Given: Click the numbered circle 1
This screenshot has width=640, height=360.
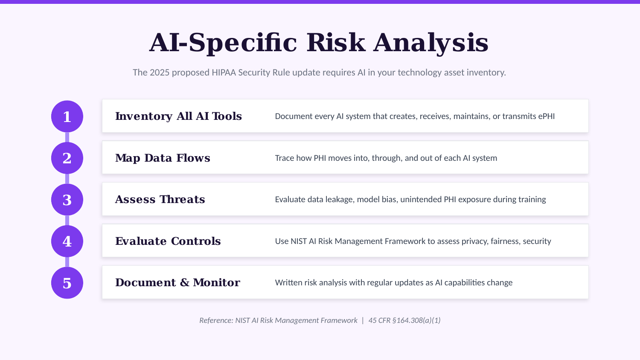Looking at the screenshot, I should point(67,116).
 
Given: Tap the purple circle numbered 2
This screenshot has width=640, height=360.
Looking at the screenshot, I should point(67,158).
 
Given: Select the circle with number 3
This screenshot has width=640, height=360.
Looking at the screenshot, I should point(67,200).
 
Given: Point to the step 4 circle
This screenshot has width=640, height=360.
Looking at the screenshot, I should point(67,241).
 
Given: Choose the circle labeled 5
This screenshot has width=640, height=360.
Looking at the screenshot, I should point(67,283).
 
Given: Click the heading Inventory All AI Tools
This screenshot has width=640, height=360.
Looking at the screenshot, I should point(178,116).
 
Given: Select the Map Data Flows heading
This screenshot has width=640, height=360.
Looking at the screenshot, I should point(163,158).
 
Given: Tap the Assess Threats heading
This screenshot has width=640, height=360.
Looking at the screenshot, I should point(160,199).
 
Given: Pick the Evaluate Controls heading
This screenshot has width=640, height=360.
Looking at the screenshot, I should point(168,241).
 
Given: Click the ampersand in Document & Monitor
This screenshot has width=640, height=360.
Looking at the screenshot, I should point(185,282).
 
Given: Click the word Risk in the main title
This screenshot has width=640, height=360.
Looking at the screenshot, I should point(336,43).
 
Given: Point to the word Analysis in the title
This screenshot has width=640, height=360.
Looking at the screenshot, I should point(431,43).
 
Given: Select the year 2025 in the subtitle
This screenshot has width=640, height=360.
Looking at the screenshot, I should point(159,73).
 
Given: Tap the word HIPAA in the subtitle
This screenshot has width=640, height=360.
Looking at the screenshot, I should point(224,73).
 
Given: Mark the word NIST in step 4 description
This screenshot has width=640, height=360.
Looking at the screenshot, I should point(299,241).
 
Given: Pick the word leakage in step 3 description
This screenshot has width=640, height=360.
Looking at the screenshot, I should point(339,199).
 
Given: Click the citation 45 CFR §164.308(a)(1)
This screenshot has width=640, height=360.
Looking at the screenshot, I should point(404,320).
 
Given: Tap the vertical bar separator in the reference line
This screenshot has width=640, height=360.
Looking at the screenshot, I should point(363,320).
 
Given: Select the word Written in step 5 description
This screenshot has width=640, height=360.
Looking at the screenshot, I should point(288,282).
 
